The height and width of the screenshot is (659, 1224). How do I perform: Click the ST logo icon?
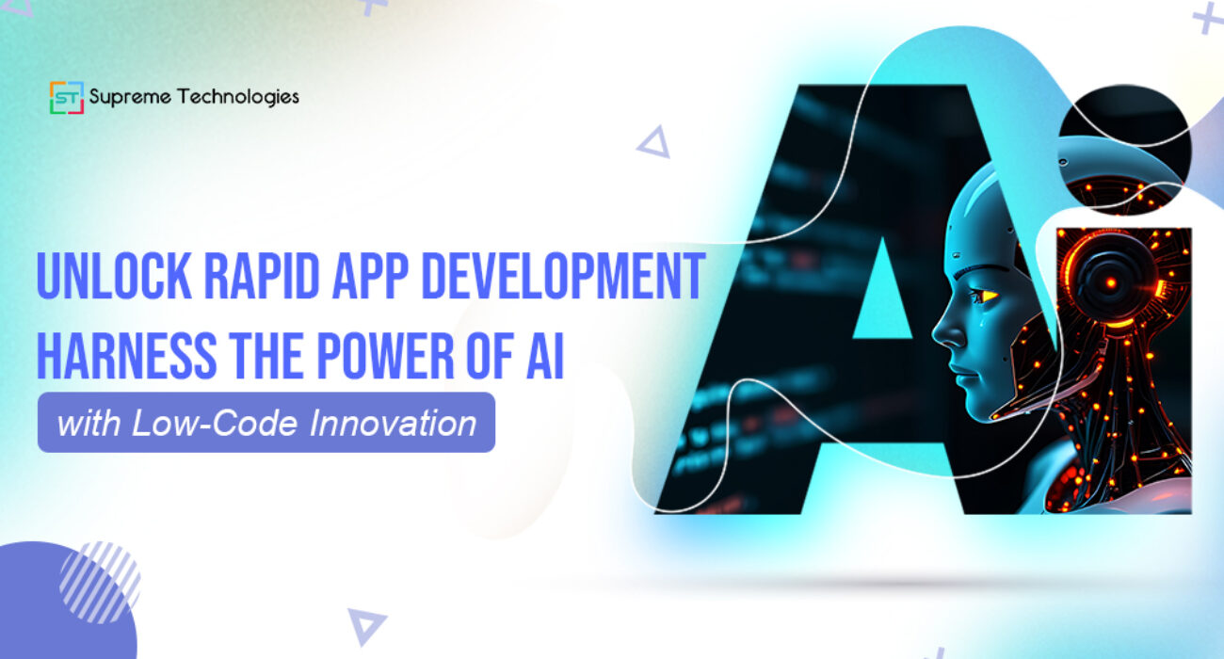(x=66, y=97)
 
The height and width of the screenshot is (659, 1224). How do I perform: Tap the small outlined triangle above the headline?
(x=653, y=142)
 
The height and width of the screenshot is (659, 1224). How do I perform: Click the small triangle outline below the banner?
(x=365, y=625)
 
